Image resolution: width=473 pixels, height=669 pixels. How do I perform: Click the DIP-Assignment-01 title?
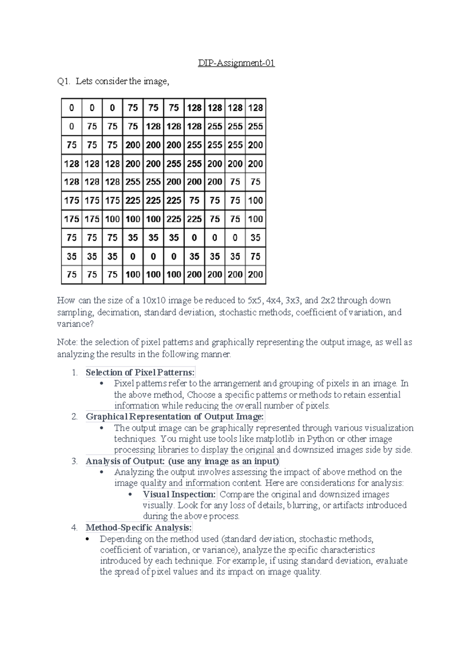[x=236, y=63]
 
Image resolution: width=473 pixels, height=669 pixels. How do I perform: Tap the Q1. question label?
[x=64, y=82]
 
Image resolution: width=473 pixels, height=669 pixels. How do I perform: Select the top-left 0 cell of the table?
[x=71, y=108]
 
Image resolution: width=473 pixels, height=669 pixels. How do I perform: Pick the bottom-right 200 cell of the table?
[x=255, y=275]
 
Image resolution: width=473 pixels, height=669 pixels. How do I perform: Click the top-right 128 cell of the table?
[x=255, y=108]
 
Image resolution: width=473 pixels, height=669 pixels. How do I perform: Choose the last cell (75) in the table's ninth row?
[x=255, y=256]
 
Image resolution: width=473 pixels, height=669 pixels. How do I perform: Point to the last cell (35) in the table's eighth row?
[x=255, y=237]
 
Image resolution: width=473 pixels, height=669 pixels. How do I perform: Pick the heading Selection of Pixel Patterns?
[x=140, y=372]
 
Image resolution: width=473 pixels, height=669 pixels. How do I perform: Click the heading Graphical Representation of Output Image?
[x=175, y=417]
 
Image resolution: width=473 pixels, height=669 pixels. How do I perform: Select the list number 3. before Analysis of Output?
[x=74, y=461]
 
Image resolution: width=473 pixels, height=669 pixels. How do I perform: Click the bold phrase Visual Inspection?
[x=179, y=494]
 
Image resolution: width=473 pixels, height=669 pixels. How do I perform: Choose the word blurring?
[x=303, y=505]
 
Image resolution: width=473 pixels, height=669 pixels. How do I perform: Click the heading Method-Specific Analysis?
[x=139, y=528]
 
